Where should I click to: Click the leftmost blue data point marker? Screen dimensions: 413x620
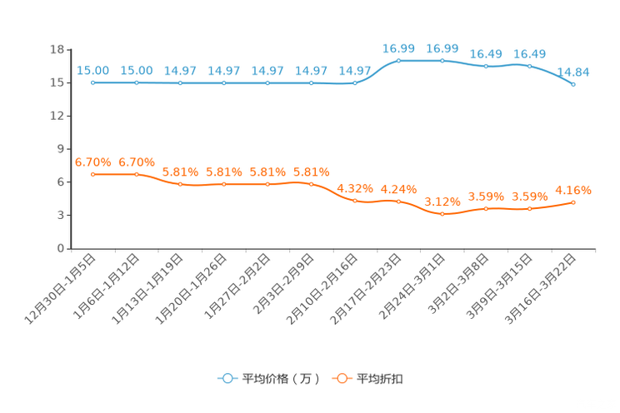93,82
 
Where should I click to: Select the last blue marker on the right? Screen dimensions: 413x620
573,84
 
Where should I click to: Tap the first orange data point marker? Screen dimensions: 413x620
93,174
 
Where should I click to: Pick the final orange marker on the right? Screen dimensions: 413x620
573,202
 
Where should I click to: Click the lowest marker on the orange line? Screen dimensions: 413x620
442,214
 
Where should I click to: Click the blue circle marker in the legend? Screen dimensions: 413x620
227,378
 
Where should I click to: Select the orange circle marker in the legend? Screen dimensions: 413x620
341,378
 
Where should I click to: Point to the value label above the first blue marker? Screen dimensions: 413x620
92,71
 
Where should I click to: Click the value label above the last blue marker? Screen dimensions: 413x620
573,72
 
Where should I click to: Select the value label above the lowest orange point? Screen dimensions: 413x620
442,202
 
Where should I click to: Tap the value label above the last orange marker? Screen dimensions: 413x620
574,190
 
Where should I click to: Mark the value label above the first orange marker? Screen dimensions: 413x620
92,162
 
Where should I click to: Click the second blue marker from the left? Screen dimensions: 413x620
137,82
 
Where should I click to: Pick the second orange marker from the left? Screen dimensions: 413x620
137,174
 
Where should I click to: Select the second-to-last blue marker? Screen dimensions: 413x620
529,65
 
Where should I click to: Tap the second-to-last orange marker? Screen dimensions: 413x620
529,208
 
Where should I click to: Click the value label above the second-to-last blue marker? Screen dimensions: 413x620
530,53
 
